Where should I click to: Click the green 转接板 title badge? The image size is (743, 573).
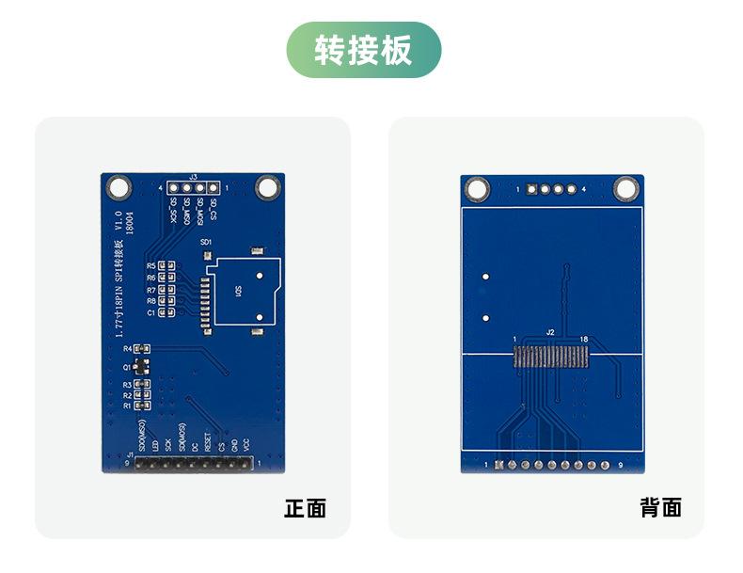364,50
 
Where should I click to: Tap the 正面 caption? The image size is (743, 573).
306,509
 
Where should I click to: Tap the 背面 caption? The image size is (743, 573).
660,509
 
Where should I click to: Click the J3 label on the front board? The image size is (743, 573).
193,177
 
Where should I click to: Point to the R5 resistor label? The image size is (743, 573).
150,266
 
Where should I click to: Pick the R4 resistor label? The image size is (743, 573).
128,349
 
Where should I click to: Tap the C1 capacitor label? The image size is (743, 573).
150,311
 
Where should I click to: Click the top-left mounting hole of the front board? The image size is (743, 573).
119,188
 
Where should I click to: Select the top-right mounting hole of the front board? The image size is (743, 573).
268,188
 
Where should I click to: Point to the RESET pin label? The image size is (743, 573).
207,438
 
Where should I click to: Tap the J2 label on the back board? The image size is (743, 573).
551,331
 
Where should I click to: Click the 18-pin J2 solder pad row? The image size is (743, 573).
551,356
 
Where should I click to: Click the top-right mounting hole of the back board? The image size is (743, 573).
625,189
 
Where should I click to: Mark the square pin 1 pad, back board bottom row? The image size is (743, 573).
498,464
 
